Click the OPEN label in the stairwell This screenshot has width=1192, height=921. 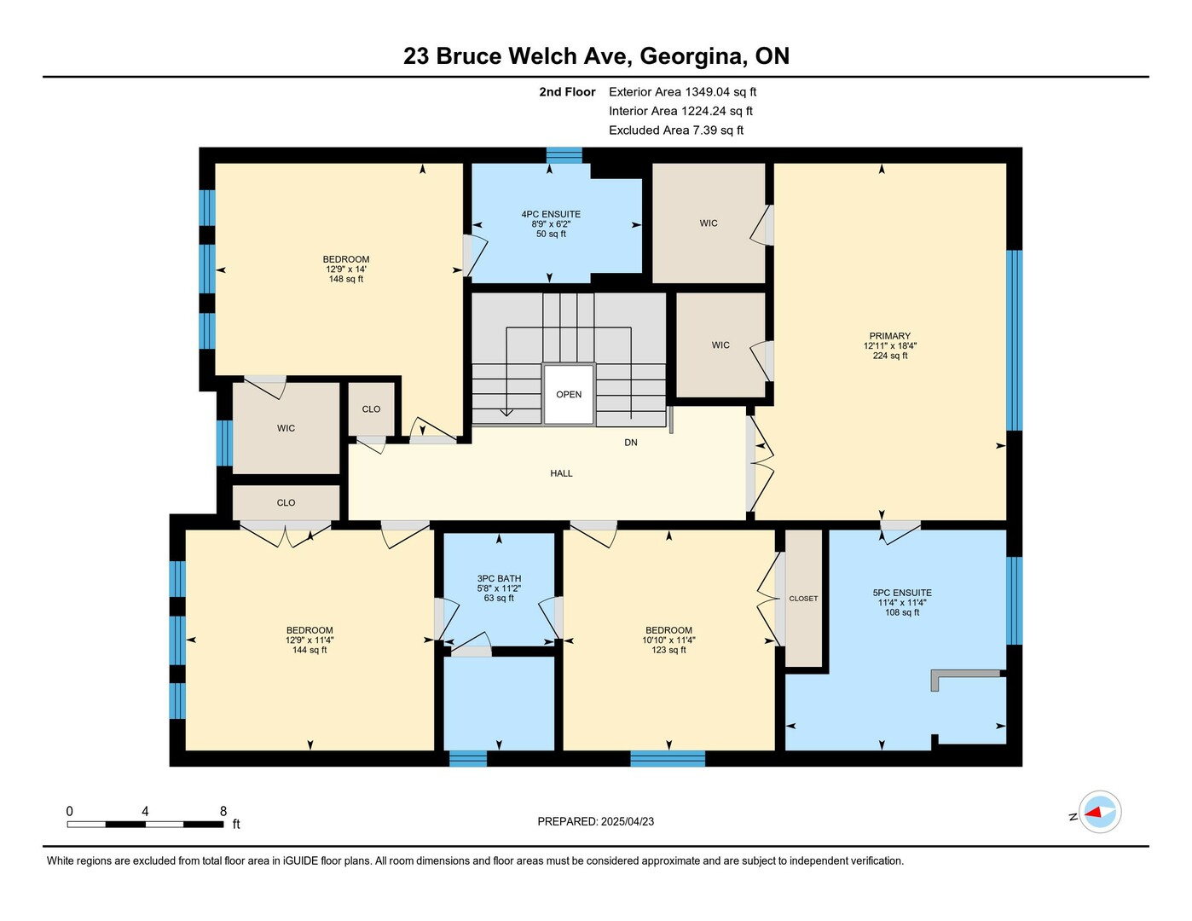(569, 394)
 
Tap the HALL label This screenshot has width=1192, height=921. (561, 473)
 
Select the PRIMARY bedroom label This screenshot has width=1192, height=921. (890, 336)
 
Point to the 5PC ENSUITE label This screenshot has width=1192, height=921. (902, 593)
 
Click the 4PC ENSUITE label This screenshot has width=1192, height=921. (551, 214)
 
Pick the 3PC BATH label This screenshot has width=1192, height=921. (499, 578)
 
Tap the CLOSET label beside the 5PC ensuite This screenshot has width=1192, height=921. (803, 599)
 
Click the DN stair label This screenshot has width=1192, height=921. (631, 442)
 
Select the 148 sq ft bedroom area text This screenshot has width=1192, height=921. (345, 279)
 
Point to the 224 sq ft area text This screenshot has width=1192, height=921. (890, 356)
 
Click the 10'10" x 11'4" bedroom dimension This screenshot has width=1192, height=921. (668, 640)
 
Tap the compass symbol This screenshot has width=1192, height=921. (1100, 813)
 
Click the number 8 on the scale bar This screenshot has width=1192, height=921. (223, 811)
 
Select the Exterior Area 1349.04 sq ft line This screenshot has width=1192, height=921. (682, 91)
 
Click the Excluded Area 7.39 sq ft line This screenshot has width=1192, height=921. (676, 130)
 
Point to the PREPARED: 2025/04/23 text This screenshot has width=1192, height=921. (596, 822)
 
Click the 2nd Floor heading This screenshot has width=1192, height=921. (567, 91)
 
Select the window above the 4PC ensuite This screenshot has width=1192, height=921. (564, 155)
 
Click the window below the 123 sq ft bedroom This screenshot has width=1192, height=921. (668, 759)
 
